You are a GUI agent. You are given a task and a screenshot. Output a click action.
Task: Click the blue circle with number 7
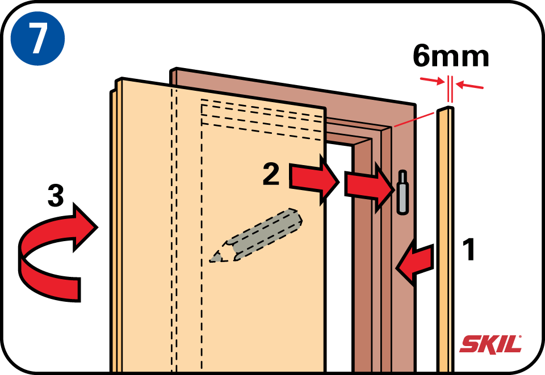[x=37, y=38]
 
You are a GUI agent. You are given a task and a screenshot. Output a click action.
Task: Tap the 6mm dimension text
[x=451, y=56]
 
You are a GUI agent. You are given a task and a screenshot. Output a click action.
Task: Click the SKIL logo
[x=491, y=344]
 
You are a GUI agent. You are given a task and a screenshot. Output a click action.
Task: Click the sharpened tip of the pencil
[x=211, y=260]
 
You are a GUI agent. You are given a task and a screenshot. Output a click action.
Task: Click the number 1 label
[x=469, y=249]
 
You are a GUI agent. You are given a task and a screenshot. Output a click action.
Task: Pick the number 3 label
[x=56, y=196]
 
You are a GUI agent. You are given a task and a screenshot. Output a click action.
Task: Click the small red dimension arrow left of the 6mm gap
[x=433, y=81]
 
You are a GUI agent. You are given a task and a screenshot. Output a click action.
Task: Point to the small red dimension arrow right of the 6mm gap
[x=469, y=85]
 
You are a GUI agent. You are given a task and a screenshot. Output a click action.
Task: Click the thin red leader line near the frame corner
[x=414, y=120]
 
